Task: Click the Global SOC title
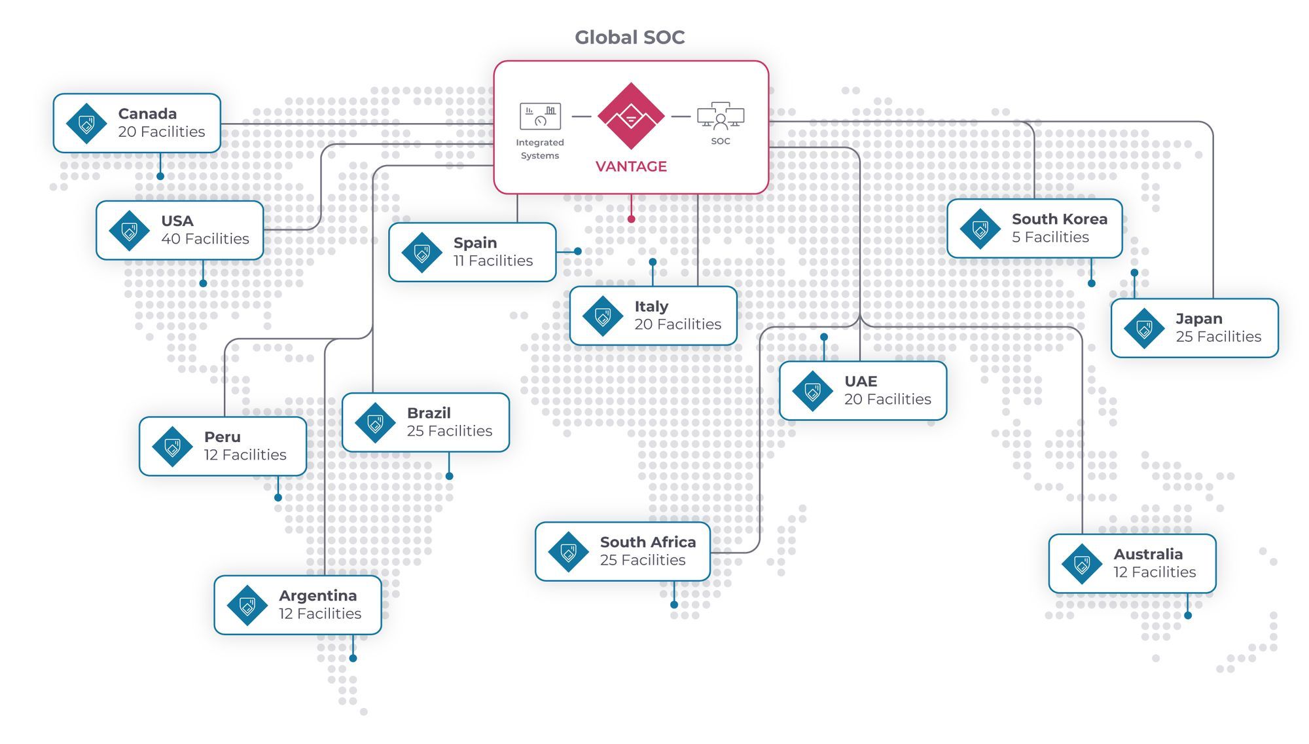click(x=630, y=37)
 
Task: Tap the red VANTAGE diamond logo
click(x=631, y=116)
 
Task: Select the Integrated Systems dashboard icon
click(x=540, y=117)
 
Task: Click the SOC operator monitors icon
click(x=721, y=116)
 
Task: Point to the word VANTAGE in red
click(x=631, y=166)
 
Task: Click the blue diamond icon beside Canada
click(x=86, y=123)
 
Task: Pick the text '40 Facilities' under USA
click(x=205, y=239)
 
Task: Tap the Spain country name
click(x=475, y=243)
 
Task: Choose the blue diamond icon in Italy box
click(x=603, y=316)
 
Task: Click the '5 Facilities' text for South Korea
click(x=1050, y=237)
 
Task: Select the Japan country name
click(x=1198, y=319)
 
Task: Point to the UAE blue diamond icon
click(x=812, y=391)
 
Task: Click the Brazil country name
click(x=429, y=413)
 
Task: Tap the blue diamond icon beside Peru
click(x=172, y=447)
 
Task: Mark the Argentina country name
click(x=317, y=596)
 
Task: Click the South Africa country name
click(x=647, y=542)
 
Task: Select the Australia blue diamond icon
click(x=1082, y=564)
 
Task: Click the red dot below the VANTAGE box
click(x=631, y=219)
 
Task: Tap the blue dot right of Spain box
click(x=578, y=251)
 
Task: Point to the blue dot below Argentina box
click(x=353, y=658)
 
